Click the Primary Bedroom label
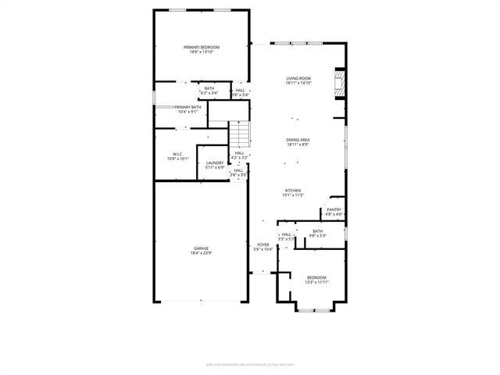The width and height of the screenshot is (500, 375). click(202, 48)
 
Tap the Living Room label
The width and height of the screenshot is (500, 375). click(298, 78)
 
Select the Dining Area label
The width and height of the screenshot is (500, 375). click(298, 140)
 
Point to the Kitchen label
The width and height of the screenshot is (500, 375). click(293, 190)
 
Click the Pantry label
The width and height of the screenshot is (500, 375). click(334, 209)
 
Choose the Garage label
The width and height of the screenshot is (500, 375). click(202, 248)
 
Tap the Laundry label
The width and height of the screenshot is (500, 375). click(215, 162)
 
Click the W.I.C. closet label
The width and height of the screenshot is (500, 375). click(178, 154)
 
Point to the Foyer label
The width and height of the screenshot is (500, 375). click(263, 245)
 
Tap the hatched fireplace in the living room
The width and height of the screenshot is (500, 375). click(339, 84)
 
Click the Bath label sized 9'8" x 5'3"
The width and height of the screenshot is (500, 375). click(317, 230)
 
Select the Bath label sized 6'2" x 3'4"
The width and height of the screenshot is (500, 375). click(209, 88)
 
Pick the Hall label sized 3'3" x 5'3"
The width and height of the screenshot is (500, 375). click(287, 234)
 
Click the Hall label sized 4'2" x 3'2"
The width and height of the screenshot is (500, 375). click(240, 153)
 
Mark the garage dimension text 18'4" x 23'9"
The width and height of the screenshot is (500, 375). click(202, 253)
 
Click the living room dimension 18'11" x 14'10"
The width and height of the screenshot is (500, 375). click(298, 83)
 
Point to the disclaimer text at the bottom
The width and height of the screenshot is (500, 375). click(249, 363)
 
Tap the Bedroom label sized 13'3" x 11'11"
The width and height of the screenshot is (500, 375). click(317, 278)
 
